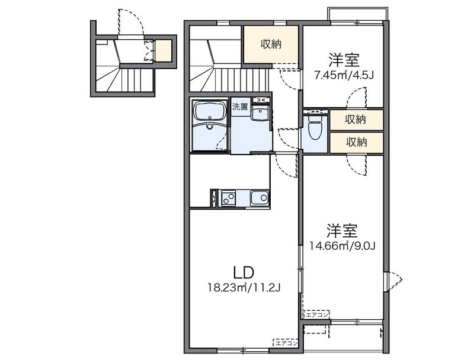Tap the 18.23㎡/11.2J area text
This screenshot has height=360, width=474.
tap(244, 288)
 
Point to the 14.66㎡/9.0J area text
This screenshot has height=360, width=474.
tap(342, 245)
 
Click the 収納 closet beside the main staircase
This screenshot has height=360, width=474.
tap(271, 44)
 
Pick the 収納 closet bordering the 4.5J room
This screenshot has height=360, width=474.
tap(355, 120)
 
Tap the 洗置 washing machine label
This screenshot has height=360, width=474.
tap(239, 107)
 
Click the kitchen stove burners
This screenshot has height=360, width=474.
tap(228, 198)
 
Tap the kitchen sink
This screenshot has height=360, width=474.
tap(258, 198)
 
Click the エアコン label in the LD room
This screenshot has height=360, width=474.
tap(285, 342)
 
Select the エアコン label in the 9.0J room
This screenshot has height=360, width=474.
tap(316, 314)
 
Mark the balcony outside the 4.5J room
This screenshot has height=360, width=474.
tap(358, 14)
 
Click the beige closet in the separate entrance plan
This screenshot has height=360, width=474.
tap(163, 51)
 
